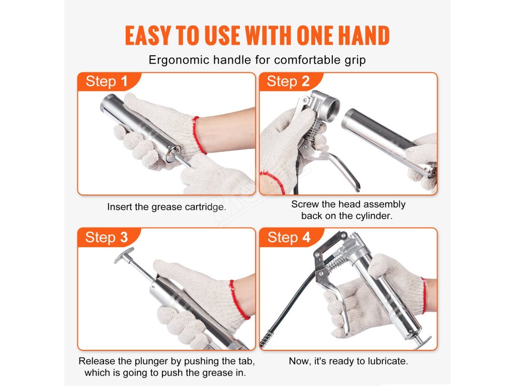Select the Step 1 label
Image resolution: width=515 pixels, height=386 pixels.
click(107, 81)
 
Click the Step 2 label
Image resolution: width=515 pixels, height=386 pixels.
click(288, 81)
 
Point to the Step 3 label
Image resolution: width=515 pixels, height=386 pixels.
click(107, 237)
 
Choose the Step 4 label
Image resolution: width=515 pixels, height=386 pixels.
click(289, 237)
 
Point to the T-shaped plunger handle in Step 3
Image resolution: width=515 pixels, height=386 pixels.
click(124, 255)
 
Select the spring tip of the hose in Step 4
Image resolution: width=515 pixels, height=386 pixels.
click(267, 339)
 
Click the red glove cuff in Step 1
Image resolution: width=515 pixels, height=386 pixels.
click(199, 135)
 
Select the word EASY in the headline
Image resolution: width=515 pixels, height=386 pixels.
click(148, 36)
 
